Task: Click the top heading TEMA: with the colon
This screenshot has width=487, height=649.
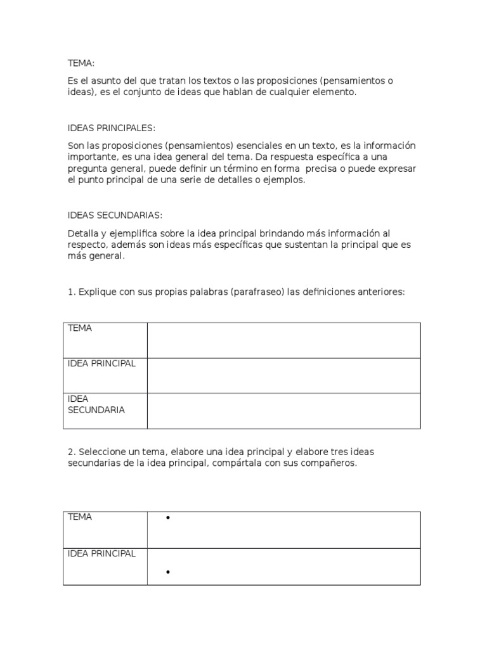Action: click(81, 63)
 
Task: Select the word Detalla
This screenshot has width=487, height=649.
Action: click(82, 233)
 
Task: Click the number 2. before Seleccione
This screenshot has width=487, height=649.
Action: click(72, 452)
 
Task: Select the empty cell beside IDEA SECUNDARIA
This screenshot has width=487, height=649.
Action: click(283, 411)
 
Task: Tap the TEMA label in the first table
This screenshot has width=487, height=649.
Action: click(80, 328)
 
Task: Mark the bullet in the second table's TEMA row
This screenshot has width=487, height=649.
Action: click(168, 518)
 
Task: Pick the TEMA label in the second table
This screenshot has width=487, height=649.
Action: click(80, 517)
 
